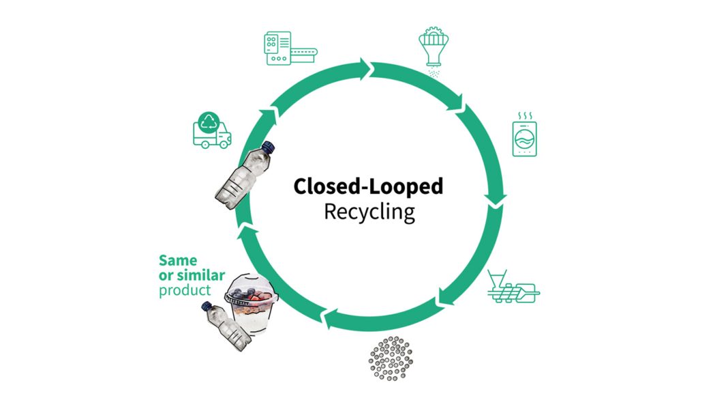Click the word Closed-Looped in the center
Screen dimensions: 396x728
368,186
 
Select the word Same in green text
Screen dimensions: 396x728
177,260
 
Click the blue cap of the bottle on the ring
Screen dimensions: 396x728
267,146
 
